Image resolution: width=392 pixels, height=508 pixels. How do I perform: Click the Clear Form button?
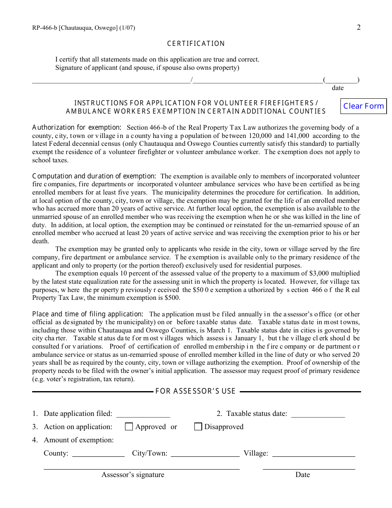point(364,106)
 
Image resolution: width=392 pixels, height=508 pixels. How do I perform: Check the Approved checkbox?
point(129,427)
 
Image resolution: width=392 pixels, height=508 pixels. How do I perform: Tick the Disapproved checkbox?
point(198,427)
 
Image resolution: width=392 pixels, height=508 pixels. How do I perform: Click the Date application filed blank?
point(143,414)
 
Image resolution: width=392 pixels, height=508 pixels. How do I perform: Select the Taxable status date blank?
point(318,414)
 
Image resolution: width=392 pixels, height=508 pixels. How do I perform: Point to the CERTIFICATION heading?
point(196,44)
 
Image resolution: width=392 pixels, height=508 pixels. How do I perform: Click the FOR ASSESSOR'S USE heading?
point(196,391)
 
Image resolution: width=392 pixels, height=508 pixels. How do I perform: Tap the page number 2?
point(359,28)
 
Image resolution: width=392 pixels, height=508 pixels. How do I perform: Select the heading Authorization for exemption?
point(77,128)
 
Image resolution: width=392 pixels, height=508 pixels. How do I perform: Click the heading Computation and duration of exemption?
point(94,176)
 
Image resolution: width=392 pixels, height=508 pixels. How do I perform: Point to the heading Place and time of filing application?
point(88,314)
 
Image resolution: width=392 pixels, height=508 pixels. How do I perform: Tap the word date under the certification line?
point(338,88)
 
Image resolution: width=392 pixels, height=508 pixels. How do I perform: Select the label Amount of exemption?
point(78,440)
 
